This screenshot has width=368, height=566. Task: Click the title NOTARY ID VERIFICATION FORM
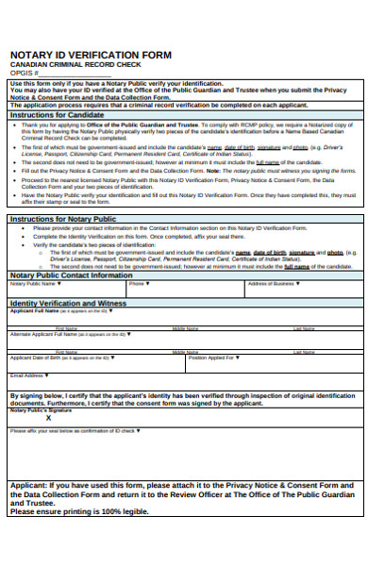coord(90,55)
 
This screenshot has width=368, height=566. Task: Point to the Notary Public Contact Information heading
coord(71,275)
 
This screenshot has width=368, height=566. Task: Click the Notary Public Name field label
coord(34,283)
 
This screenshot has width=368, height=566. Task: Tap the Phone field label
coord(138,283)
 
